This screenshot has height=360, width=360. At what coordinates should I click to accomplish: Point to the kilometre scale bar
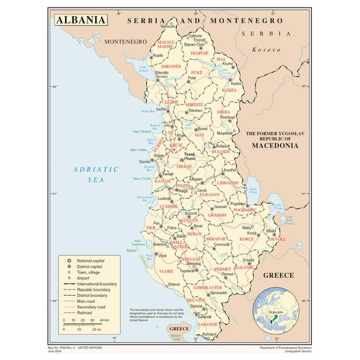tap(84, 324)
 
